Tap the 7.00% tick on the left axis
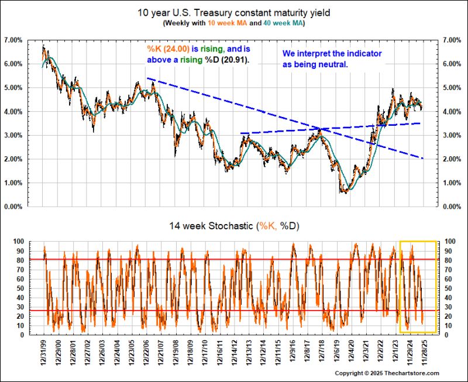tap(12, 40)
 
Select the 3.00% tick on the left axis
tap(12, 135)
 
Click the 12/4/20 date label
tap(353, 354)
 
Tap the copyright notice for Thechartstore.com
tap(387, 373)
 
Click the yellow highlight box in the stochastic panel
tap(418, 241)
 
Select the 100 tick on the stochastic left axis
tap(19, 241)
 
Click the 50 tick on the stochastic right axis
tap(448, 288)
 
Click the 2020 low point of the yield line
tap(346, 191)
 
